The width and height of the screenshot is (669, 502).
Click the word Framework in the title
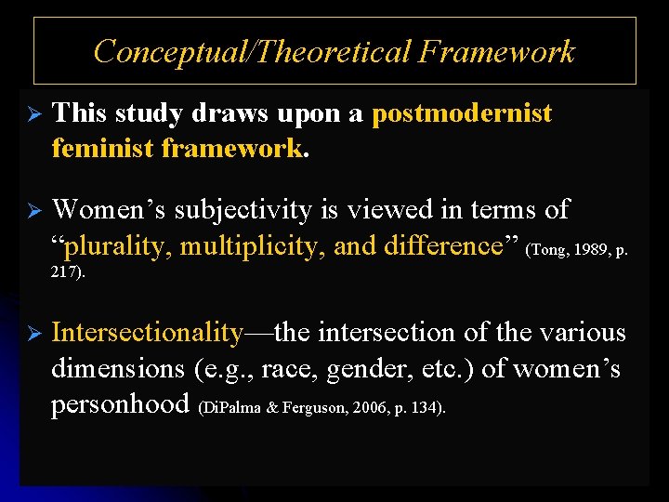click(496, 52)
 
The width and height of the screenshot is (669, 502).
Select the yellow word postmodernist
click(462, 113)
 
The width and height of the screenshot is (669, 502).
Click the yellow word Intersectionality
click(148, 332)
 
